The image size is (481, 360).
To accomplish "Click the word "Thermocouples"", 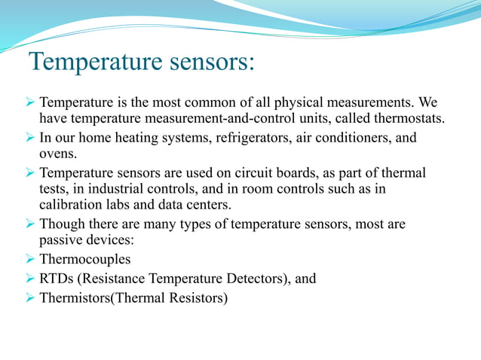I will click(84, 259).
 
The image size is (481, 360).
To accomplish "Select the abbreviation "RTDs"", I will click(55, 279).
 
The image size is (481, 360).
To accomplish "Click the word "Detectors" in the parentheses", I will click(256, 279).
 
